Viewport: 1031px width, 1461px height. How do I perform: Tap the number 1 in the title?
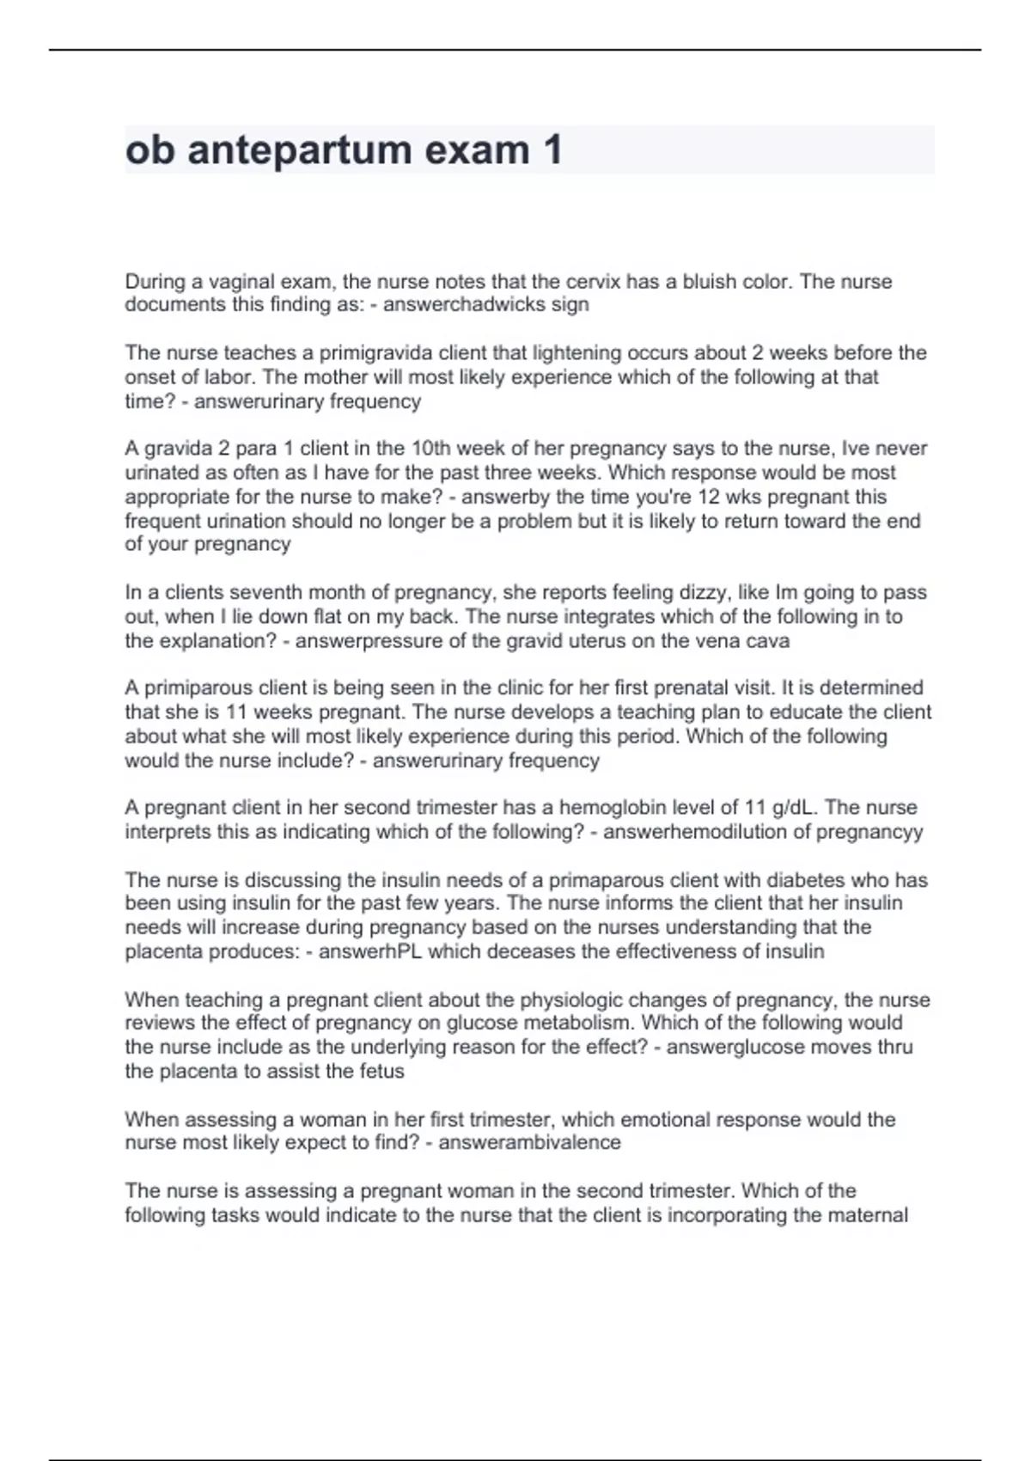point(552,150)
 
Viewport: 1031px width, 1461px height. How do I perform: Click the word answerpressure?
point(370,641)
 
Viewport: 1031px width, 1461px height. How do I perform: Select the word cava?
point(770,641)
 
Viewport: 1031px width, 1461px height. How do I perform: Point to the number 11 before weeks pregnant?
point(236,712)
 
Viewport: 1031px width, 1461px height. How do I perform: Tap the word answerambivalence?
point(529,1143)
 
